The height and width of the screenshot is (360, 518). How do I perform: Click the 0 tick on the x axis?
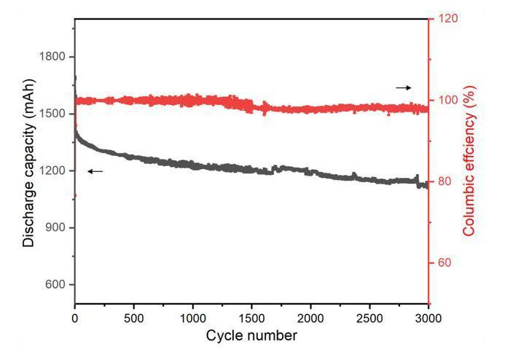tap(75, 318)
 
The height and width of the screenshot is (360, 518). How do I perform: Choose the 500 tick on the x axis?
tap(134, 318)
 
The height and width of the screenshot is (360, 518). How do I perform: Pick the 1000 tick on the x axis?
tap(193, 318)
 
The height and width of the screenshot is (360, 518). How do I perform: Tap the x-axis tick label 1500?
tap(252, 318)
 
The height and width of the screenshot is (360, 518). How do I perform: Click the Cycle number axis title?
tap(251, 335)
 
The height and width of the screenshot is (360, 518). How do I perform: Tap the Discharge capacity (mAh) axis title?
tap(29, 171)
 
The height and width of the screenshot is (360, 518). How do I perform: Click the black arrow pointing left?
tap(95, 171)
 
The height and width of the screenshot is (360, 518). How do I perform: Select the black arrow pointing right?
tap(404, 87)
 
